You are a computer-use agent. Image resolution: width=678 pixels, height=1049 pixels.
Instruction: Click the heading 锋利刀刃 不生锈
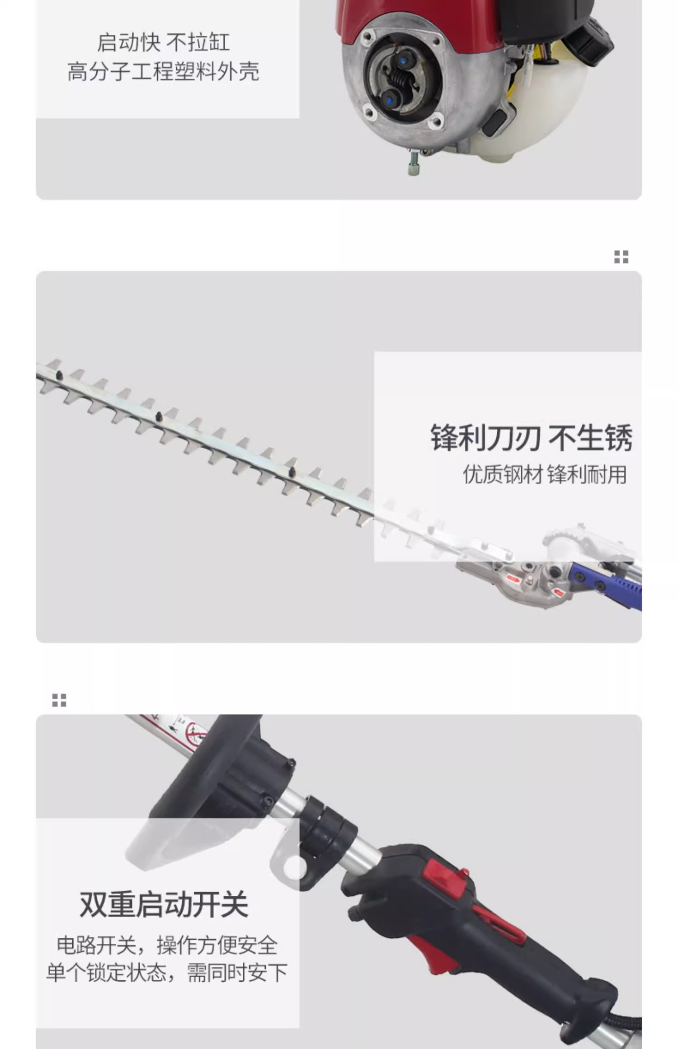click(x=531, y=438)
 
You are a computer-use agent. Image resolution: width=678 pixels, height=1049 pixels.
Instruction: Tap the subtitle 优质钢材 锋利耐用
click(x=545, y=475)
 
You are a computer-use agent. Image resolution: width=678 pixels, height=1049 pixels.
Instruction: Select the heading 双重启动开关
click(x=164, y=904)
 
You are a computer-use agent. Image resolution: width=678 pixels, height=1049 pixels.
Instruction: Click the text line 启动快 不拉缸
click(x=163, y=43)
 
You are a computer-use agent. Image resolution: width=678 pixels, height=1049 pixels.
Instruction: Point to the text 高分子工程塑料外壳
click(x=163, y=71)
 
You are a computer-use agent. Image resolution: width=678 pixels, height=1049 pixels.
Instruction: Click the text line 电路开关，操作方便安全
click(x=167, y=946)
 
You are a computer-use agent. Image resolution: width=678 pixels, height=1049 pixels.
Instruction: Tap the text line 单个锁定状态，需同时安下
click(x=167, y=973)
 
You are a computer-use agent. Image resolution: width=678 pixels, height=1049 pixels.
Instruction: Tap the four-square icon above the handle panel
click(x=59, y=700)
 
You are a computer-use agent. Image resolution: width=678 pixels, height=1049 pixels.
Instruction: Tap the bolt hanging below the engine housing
click(x=414, y=163)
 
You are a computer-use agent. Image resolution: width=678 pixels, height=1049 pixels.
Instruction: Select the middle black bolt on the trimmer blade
click(x=159, y=416)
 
